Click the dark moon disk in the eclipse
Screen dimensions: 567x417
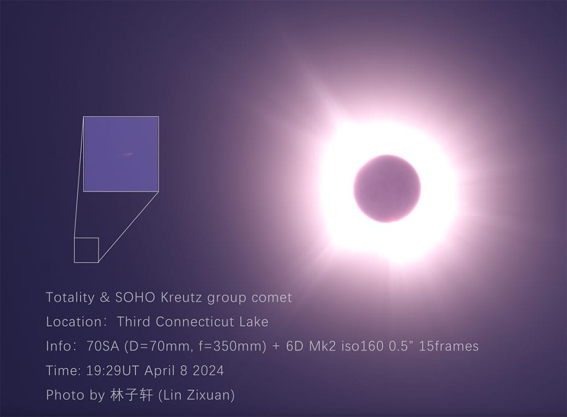click(387, 189)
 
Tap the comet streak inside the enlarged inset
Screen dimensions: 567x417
click(127, 155)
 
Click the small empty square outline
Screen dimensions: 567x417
click(86, 250)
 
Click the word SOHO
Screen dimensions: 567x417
click(135, 298)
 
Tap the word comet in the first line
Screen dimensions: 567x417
click(271, 298)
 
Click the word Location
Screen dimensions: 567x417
click(74, 322)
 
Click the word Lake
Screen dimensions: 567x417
click(254, 322)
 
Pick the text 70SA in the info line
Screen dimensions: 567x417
click(102, 347)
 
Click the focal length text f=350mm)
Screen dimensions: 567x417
click(232, 347)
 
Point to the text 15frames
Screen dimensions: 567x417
click(449, 347)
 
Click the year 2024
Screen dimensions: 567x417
click(208, 370)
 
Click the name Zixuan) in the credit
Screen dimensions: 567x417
click(211, 395)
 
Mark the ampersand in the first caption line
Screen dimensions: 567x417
click(105, 298)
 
